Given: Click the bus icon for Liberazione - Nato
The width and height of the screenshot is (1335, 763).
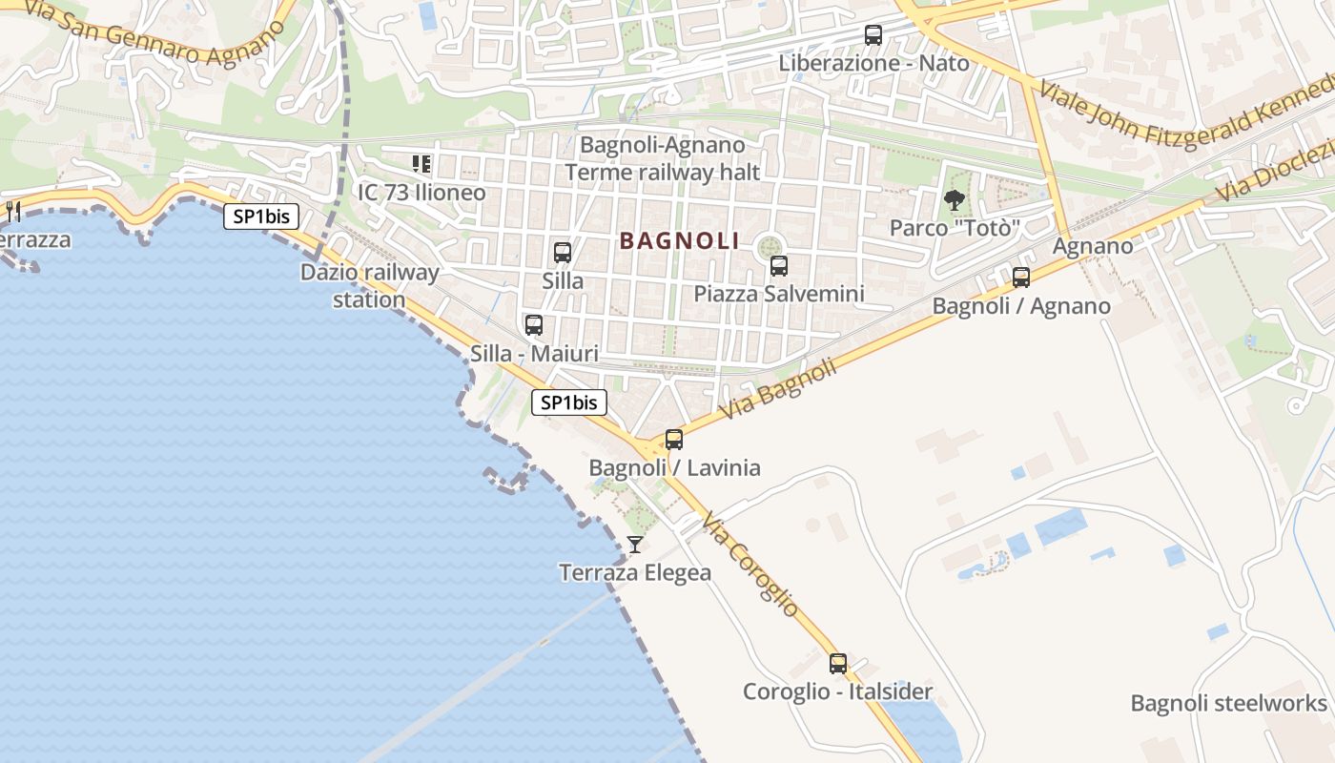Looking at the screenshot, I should pyautogui.click(x=873, y=35).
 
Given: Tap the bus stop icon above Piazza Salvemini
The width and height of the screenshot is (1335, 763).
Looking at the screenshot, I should pyautogui.click(x=779, y=266).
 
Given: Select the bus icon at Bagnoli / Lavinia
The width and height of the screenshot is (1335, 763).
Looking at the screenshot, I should pyautogui.click(x=674, y=440).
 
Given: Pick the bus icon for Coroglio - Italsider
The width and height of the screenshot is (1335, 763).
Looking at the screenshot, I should pyautogui.click(x=838, y=664).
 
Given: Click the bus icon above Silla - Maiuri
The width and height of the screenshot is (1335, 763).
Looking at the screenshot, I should pyautogui.click(x=534, y=325).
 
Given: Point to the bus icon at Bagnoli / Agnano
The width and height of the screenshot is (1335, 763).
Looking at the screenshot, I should pyautogui.click(x=1021, y=278).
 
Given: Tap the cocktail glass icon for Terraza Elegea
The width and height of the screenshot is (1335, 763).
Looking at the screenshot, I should pyautogui.click(x=635, y=545).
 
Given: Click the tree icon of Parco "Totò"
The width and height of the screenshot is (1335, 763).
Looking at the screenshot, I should pyautogui.click(x=954, y=200).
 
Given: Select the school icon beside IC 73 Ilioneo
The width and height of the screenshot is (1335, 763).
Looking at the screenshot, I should pyautogui.click(x=421, y=164).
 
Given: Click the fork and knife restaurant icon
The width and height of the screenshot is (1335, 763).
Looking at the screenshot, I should pyautogui.click(x=13, y=211).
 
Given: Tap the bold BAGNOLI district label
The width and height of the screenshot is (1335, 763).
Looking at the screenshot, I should pyautogui.click(x=680, y=241).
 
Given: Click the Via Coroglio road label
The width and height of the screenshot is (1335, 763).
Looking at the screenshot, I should pyautogui.click(x=750, y=564).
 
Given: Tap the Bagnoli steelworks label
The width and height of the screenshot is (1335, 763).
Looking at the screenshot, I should pyautogui.click(x=1228, y=704).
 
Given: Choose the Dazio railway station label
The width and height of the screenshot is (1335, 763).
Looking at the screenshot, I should pyautogui.click(x=370, y=286).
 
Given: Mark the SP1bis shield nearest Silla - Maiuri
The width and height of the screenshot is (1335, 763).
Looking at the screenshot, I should pyautogui.click(x=568, y=402).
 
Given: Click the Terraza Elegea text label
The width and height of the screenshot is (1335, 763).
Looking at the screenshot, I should pyautogui.click(x=635, y=572).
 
